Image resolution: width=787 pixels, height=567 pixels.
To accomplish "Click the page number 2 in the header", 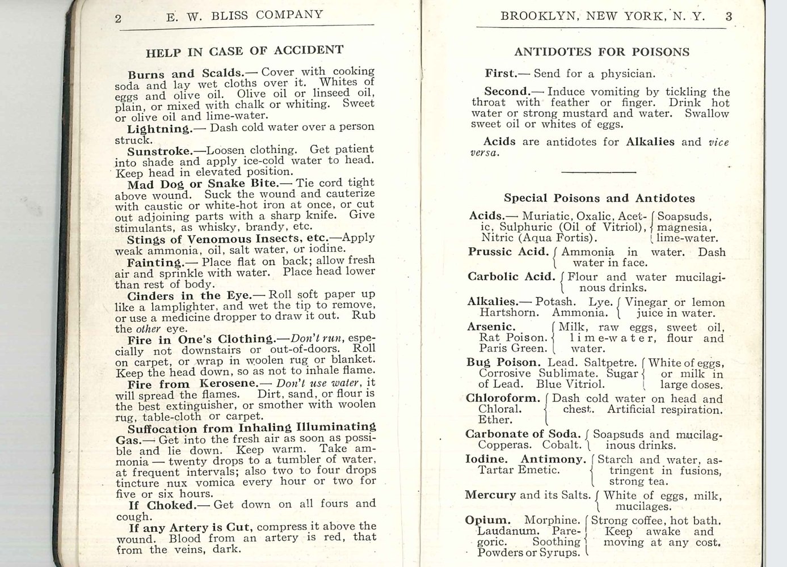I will point(118,18).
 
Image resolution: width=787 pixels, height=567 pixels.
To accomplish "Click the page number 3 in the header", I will point(729,16).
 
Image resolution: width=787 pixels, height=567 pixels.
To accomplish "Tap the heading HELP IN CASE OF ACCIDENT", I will point(245,52).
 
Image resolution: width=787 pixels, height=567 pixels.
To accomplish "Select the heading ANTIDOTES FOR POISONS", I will point(601,52).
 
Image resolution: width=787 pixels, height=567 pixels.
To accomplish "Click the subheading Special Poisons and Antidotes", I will point(599,198).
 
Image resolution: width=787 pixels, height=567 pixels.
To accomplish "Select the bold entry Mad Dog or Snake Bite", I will point(202,184).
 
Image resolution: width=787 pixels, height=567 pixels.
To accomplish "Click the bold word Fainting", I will point(154,263).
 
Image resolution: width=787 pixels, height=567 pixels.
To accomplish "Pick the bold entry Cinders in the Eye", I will point(190,295).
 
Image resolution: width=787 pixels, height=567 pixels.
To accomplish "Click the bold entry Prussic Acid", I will point(508,252).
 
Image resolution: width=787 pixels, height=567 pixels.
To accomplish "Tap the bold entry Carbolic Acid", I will point(511,277).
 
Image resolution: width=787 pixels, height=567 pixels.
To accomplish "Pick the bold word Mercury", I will point(490,495).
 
